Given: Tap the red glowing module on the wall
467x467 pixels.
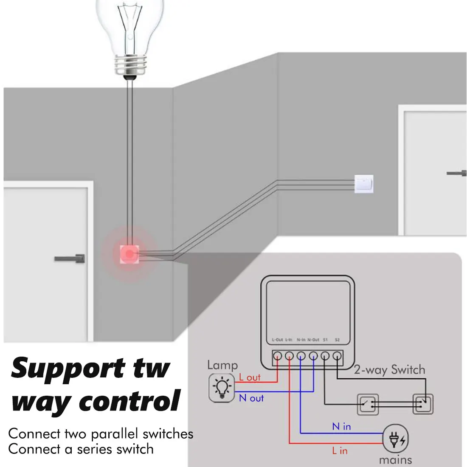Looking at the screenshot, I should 129,253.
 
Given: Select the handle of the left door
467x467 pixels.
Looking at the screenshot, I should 70,258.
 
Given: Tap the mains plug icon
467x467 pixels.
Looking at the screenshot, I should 396,439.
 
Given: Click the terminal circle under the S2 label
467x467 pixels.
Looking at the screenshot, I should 338,356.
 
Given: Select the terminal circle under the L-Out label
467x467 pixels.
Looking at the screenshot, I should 277,356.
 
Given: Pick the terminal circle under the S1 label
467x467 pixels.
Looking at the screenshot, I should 325,356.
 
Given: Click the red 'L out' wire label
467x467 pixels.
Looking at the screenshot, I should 250,377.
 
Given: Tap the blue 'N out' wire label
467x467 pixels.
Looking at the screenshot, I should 251,398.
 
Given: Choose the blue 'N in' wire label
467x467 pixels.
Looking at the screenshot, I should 341,426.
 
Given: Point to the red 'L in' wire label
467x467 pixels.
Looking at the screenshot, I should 340,451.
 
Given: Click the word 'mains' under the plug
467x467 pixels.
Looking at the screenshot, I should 395,460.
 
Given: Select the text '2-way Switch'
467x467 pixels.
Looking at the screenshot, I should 389,370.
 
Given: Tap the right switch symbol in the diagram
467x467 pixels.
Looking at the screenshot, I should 423,404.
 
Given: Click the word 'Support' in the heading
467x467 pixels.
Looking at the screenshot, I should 68,368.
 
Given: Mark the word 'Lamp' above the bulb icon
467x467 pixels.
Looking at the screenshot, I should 222,365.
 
